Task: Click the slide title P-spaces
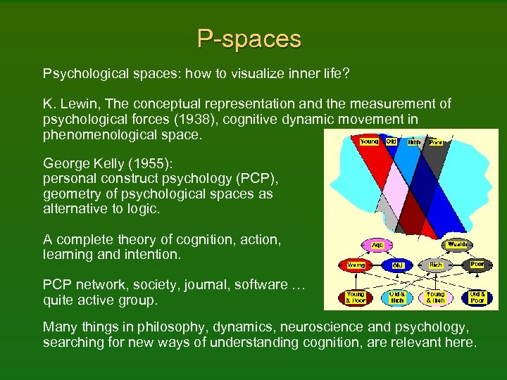pos(249,39)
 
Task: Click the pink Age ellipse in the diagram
pos(377,246)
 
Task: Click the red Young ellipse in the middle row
pos(357,265)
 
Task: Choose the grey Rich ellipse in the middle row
pos(437,265)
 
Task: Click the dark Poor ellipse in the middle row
pos(478,265)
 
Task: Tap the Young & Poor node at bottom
pos(357,297)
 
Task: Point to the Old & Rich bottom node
pos(396,297)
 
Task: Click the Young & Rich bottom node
pos(437,297)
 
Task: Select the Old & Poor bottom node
pos(478,297)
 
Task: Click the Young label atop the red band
pos(369,141)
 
